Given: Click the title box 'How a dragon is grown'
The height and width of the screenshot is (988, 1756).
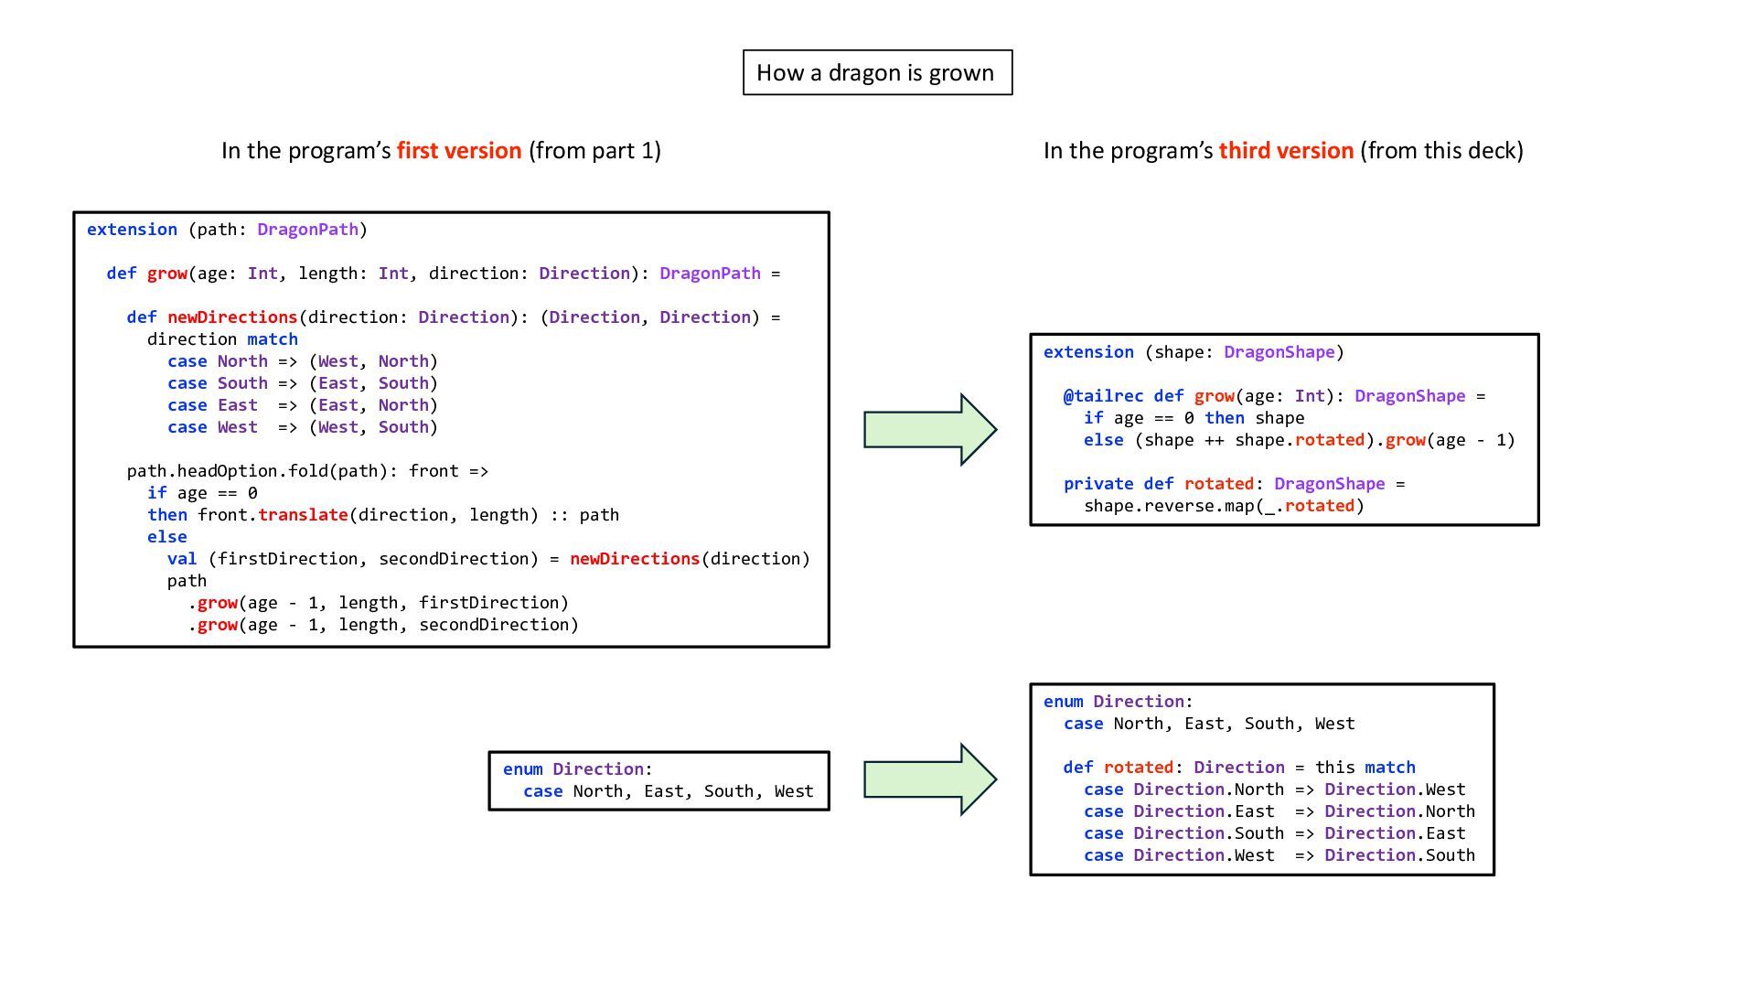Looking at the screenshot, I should point(877,72).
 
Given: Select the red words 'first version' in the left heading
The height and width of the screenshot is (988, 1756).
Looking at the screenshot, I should point(459,150).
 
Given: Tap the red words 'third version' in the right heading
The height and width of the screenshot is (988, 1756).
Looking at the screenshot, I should point(1285,150).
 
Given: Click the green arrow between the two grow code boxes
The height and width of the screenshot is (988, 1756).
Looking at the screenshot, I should point(929,429).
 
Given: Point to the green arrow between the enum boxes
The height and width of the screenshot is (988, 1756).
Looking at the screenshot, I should point(929,779).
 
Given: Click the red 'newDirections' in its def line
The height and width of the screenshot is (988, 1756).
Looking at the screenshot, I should point(232,317).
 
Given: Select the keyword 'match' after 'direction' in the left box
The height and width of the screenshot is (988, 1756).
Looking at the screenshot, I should point(273,339).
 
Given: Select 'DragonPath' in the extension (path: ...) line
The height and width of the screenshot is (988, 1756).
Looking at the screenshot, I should point(307,230).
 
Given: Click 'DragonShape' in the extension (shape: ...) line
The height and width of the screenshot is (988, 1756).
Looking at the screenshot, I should point(1279,352).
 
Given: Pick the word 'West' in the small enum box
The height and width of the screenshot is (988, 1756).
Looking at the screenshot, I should point(793,791).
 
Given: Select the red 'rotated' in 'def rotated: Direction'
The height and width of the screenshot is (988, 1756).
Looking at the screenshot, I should point(1138,768).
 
